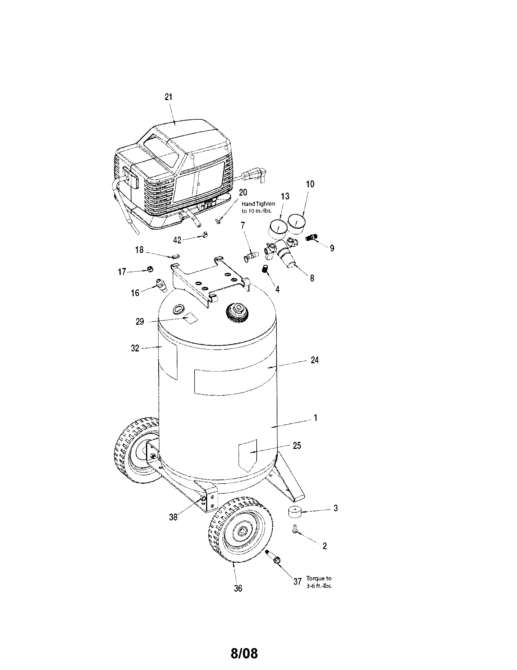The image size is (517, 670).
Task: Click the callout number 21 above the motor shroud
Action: coord(168,97)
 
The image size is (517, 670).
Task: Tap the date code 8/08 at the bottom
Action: coord(244,651)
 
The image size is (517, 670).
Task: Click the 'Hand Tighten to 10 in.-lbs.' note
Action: coord(258,207)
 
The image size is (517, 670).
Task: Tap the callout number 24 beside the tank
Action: coord(315,360)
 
